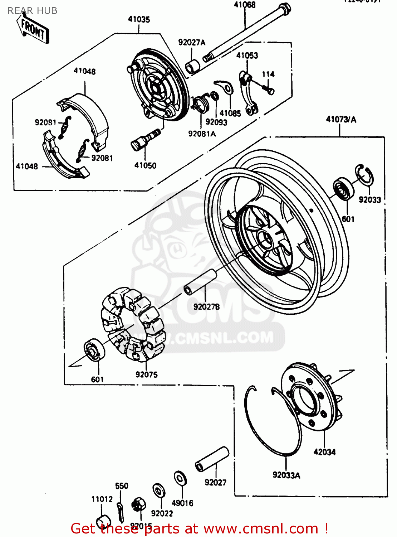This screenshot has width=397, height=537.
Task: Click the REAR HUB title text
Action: [x=32, y=11]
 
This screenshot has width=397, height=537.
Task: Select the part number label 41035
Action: [x=139, y=19]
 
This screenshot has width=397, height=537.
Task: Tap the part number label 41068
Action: [x=245, y=5]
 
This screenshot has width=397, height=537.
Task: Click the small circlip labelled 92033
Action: [x=364, y=175]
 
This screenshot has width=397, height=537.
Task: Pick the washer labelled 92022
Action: [x=158, y=490]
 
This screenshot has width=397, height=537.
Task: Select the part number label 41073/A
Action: [x=340, y=120]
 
